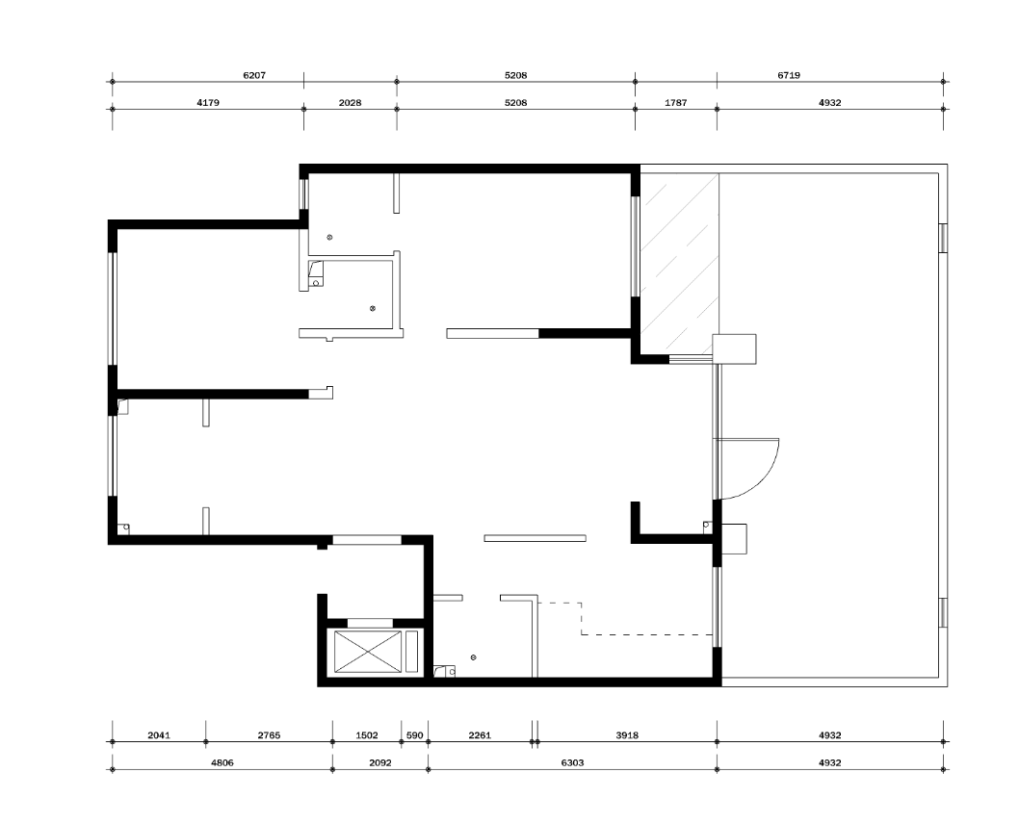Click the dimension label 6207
click(x=254, y=75)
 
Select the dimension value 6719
click(x=788, y=75)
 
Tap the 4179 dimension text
click(x=208, y=103)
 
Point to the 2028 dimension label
click(x=350, y=103)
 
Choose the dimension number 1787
click(x=676, y=103)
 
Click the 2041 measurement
click(x=159, y=735)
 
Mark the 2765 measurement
click(x=269, y=735)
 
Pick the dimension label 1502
click(x=367, y=735)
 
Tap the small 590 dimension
click(x=414, y=735)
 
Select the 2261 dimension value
click(x=480, y=735)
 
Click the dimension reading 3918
click(x=627, y=735)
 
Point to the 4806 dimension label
click(x=222, y=762)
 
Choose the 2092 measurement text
click(x=380, y=762)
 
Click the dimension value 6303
click(x=572, y=762)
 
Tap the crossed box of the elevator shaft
click(x=368, y=652)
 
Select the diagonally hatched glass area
click(x=680, y=264)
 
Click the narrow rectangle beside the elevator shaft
click(x=412, y=652)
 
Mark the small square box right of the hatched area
click(x=734, y=348)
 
